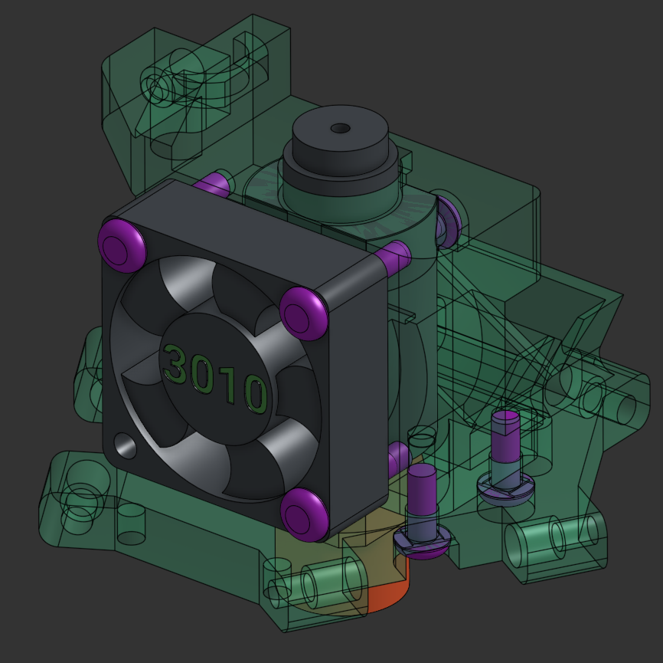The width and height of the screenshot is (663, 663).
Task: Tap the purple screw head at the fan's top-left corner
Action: tap(122, 245)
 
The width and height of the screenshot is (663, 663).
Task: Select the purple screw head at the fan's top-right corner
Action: tap(304, 312)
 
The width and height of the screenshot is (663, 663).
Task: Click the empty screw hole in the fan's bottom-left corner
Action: tap(123, 445)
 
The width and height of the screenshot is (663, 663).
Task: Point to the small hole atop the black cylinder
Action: tap(340, 128)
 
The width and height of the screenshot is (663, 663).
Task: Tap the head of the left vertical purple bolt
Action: tap(421, 542)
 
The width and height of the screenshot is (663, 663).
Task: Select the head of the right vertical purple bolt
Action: tap(505, 487)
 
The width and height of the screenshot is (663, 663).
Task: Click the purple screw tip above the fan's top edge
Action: tap(214, 185)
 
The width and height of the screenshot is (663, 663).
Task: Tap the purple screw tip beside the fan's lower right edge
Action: tap(397, 458)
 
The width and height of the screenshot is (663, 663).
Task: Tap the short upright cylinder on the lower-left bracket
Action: tap(132, 524)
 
